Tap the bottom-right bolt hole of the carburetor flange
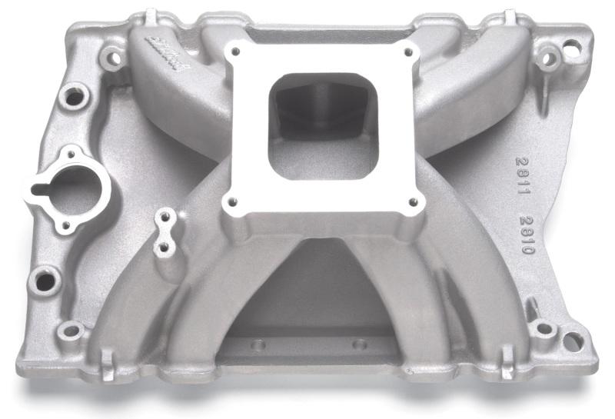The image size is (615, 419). point(413,203)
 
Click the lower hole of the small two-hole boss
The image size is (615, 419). point(163,248)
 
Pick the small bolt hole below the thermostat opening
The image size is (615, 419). point(65,226)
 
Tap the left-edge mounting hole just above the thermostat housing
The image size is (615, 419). point(75,98)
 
